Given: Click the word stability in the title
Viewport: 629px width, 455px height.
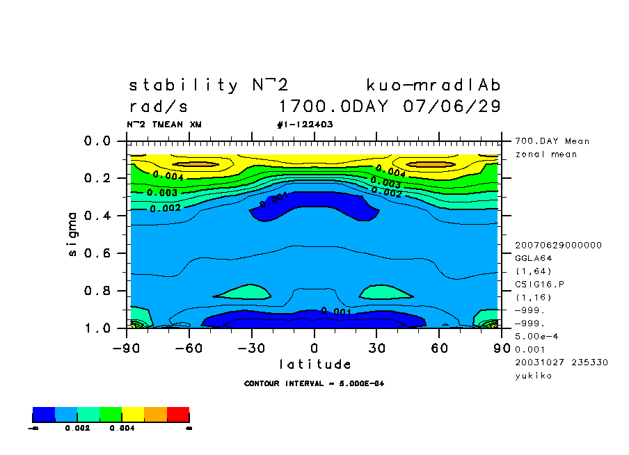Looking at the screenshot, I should tap(184, 86).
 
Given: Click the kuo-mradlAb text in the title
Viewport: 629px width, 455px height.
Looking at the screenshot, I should tap(433, 86).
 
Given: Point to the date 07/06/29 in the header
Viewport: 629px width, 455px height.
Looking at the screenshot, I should tap(452, 107).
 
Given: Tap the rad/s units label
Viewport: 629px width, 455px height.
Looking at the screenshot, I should tap(159, 108).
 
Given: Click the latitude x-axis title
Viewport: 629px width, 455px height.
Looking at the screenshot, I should tap(314, 365).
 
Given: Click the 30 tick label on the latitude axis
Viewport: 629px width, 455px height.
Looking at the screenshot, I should tap(376, 348).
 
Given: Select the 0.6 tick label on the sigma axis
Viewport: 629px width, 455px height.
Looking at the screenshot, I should tap(97, 253).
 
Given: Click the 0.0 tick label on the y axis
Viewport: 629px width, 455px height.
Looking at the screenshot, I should tap(97, 141).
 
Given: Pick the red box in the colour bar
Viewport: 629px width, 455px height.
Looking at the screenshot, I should tap(178, 415).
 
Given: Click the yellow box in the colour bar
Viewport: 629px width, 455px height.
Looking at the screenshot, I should tap(134, 415).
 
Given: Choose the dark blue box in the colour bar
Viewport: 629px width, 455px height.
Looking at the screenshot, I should tap(44, 415).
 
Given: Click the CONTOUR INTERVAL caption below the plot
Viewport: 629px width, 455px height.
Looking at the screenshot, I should tap(314, 384).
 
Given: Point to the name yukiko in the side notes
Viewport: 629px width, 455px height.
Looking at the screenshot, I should tap(534, 376).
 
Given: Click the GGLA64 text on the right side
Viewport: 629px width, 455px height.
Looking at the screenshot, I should tap(532, 257).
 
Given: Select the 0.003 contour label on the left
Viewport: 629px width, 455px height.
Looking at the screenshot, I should tap(163, 193).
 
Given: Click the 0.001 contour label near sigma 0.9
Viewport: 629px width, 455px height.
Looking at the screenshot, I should tap(337, 312).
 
